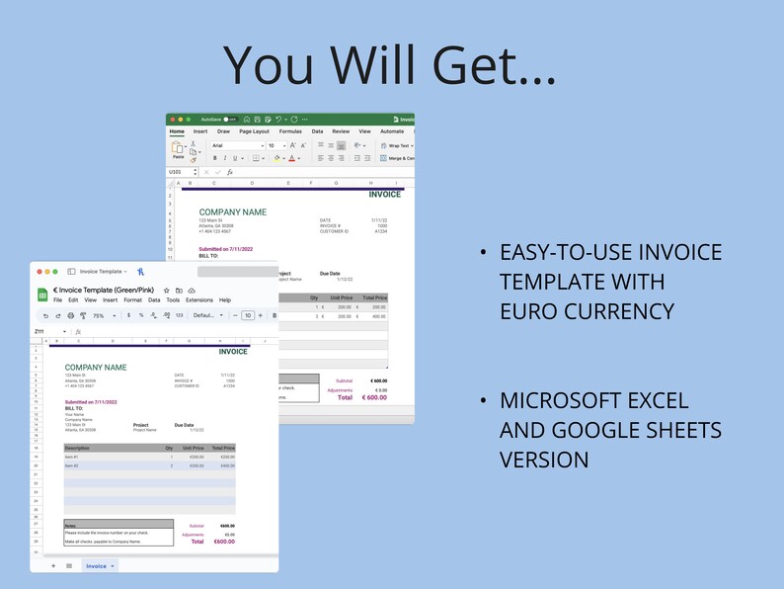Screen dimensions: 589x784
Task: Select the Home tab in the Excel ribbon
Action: (177, 130)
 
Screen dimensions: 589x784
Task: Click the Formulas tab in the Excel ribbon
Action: (290, 130)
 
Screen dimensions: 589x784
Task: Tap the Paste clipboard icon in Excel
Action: (178, 148)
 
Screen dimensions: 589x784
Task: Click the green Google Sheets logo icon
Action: (42, 294)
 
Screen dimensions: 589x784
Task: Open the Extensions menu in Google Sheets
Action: (198, 299)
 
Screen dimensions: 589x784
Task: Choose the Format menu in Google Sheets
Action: (132, 299)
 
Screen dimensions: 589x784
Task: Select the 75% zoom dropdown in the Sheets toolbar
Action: (101, 315)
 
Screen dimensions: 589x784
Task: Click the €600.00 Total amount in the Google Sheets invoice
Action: (224, 542)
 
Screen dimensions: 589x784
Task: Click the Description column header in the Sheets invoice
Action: (77, 448)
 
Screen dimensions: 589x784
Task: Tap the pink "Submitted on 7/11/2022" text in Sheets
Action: (91, 402)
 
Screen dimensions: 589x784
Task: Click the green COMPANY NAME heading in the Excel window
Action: (233, 212)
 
